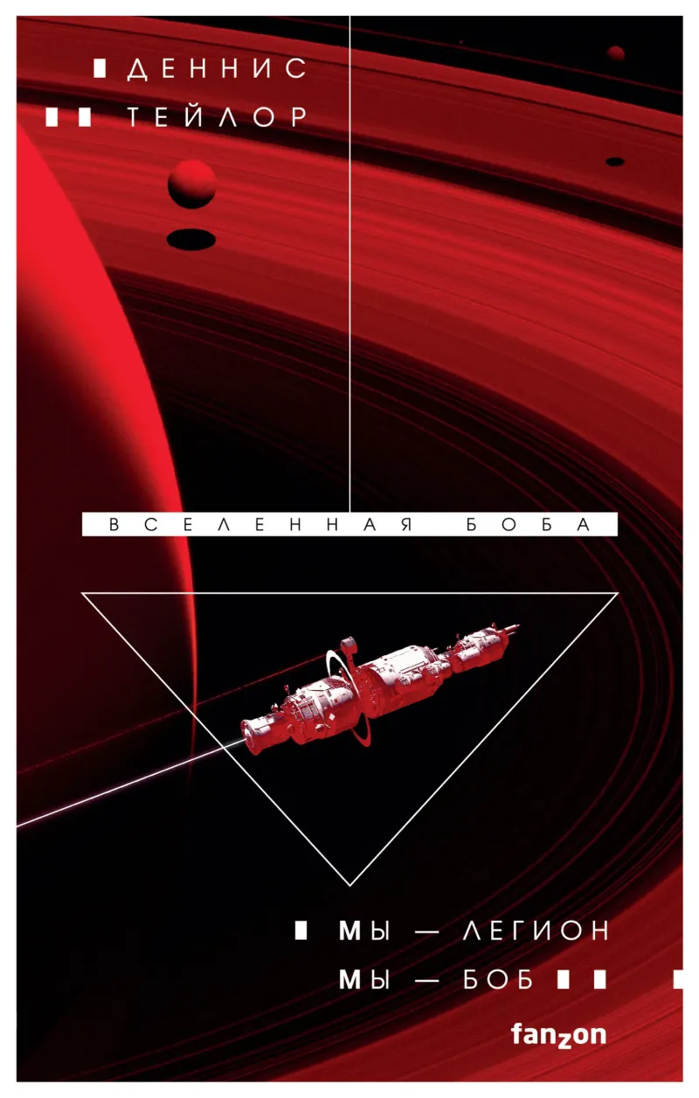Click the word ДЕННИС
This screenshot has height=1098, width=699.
coord(217,69)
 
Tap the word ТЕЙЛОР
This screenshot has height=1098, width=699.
coord(218,117)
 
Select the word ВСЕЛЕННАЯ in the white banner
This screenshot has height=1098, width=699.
coord(260,525)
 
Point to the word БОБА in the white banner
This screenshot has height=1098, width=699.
coord(529,525)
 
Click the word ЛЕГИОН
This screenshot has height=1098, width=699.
coord(536,930)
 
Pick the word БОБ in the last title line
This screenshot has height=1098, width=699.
coord(498,980)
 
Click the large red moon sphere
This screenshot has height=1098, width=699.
coord(191,183)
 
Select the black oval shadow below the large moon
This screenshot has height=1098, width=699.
coord(191,239)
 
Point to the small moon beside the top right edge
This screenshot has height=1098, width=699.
coord(616,53)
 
